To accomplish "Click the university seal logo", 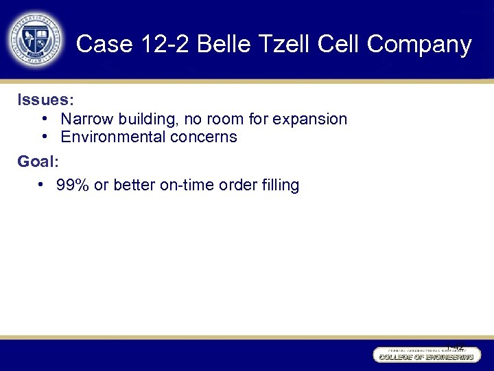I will click(36, 39).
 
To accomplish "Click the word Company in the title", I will click(419, 45).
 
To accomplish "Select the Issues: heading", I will click(45, 100).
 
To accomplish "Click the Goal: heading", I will click(38, 162).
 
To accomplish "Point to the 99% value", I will click(73, 185).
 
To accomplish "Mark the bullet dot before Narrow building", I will click(44, 118).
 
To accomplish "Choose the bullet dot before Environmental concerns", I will click(44, 136).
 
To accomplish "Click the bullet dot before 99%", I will click(42, 184).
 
